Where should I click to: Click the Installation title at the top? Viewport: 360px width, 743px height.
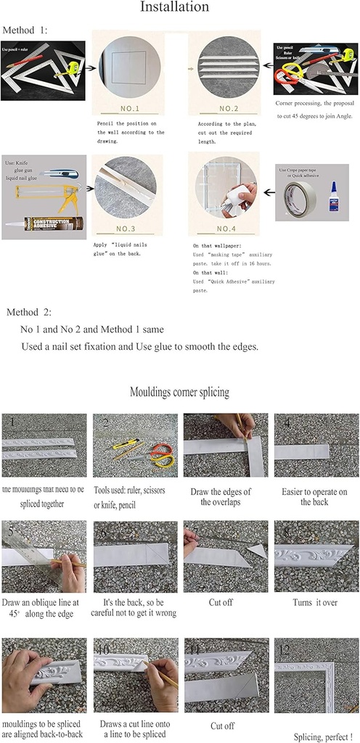(179, 7)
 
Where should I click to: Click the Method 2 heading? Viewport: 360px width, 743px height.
(29, 313)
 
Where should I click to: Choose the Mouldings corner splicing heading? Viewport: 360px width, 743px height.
(179, 393)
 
